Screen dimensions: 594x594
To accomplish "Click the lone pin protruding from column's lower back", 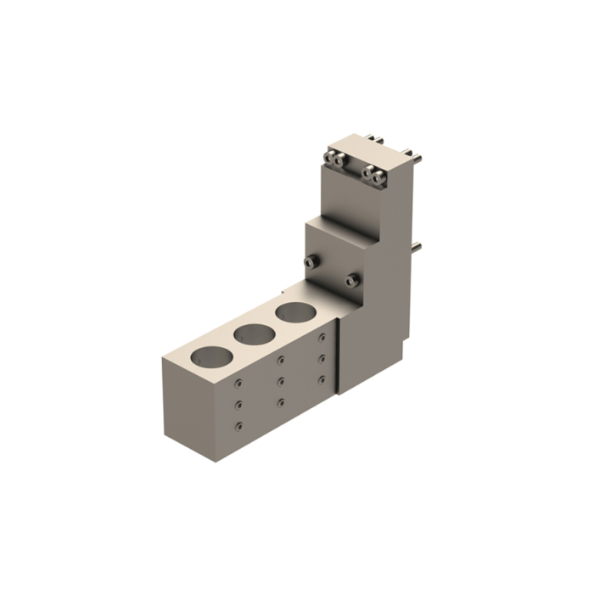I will (x=417, y=248).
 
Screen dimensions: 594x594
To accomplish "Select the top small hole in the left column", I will (x=239, y=383).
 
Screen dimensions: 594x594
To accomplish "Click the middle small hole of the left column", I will (x=239, y=404).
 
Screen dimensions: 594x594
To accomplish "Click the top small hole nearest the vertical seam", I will (x=322, y=338).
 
